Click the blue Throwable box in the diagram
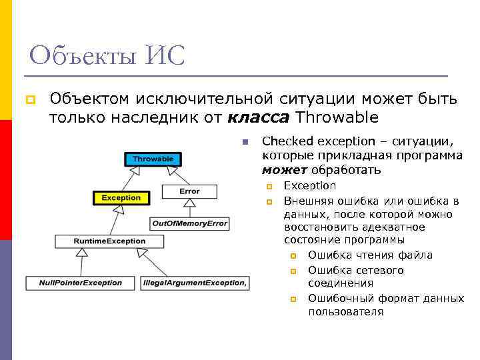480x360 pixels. click(153, 159)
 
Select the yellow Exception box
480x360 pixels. click(121, 197)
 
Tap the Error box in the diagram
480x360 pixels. click(189, 191)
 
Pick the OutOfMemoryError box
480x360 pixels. click(189, 223)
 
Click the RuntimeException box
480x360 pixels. click(110, 241)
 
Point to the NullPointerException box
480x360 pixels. click(81, 283)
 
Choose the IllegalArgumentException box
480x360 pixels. click(195, 283)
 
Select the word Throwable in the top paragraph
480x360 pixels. click(337, 118)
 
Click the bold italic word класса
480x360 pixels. click(259, 118)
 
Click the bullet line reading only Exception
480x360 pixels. click(310, 185)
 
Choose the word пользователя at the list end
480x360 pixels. click(345, 311)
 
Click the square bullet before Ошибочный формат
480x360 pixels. click(294, 299)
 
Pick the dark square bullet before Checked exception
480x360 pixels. click(245, 141)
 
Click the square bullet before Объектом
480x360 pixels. click(29, 100)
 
